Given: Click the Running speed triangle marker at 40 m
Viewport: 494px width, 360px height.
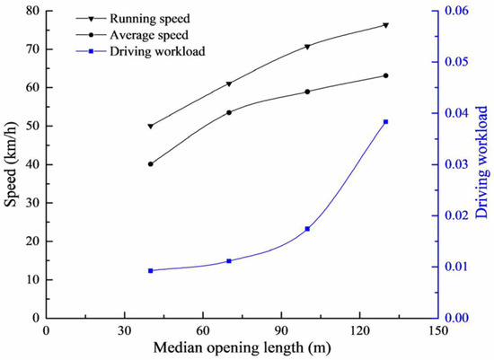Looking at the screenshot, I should [x=150, y=127].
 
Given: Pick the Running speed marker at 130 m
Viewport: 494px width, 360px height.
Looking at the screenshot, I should [x=385, y=25].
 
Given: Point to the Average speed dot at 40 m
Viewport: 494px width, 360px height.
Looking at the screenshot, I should [x=150, y=164].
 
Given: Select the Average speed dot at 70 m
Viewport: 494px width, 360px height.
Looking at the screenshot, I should [x=229, y=112].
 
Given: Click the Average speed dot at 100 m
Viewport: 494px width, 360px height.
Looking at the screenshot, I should [x=307, y=92].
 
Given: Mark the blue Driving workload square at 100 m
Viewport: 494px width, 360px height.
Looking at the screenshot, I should [x=307, y=229].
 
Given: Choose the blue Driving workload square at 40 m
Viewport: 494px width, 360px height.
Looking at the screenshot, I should [x=150, y=270].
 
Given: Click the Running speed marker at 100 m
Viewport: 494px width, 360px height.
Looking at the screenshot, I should [x=307, y=47].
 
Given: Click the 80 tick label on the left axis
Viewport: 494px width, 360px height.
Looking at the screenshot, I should [x=31, y=11].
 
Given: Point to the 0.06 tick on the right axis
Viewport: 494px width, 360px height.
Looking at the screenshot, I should [x=460, y=11].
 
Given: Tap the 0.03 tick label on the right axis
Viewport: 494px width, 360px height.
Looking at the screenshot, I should [x=460, y=164].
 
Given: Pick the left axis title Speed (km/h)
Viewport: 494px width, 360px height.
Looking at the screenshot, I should [x=11, y=164].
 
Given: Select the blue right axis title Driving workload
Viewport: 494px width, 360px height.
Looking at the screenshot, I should [x=484, y=164].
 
